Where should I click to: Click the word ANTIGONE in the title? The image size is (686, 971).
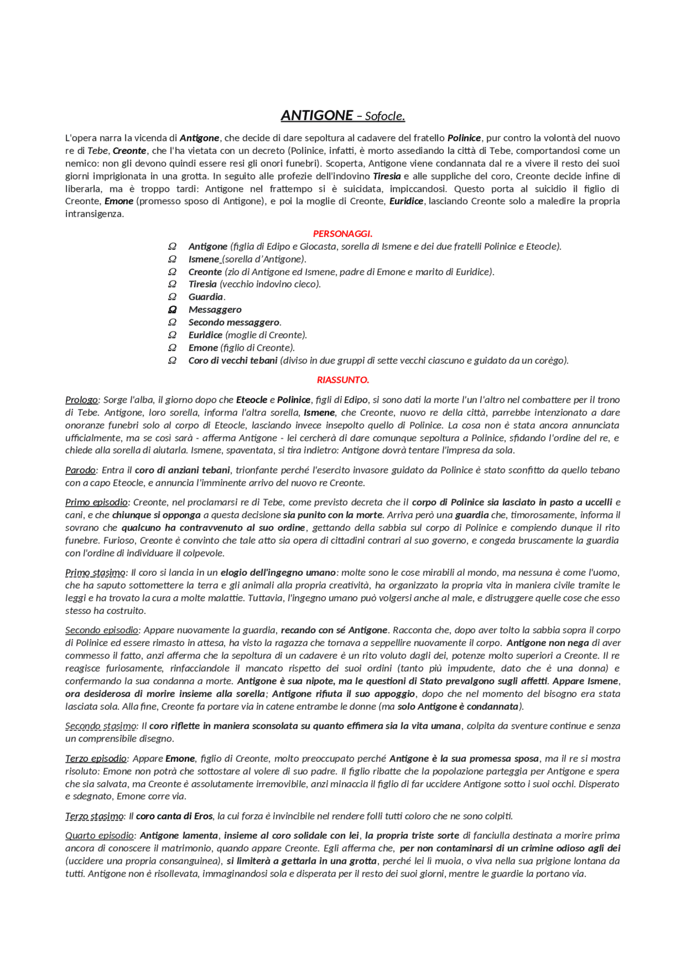click(x=317, y=115)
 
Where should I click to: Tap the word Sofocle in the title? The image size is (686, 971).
click(x=384, y=116)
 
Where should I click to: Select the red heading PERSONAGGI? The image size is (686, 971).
click(x=342, y=234)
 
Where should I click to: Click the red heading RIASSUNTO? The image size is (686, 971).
click(x=342, y=380)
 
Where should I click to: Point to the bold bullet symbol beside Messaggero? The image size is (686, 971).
click(x=172, y=310)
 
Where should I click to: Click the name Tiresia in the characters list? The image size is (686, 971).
click(x=203, y=284)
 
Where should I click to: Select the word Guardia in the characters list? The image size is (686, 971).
click(x=206, y=297)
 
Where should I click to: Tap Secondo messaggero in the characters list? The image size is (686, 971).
click(x=234, y=322)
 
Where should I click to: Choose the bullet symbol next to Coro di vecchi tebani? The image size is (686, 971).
click(x=172, y=361)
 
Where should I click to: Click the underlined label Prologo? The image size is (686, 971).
click(x=81, y=400)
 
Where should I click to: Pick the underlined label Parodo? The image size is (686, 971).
click(x=80, y=470)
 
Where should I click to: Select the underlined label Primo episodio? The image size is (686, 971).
click(x=96, y=502)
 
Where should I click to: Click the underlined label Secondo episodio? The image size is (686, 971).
click(x=102, y=631)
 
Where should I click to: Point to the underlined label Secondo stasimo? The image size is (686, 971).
click(x=101, y=726)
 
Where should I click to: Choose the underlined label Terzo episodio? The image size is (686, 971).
click(x=96, y=759)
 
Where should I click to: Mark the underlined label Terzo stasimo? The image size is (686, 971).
click(x=94, y=817)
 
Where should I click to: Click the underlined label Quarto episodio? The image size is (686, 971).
click(x=100, y=836)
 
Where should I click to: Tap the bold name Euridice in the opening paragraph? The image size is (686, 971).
click(x=406, y=202)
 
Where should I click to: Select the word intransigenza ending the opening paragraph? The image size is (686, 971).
click(x=94, y=214)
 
